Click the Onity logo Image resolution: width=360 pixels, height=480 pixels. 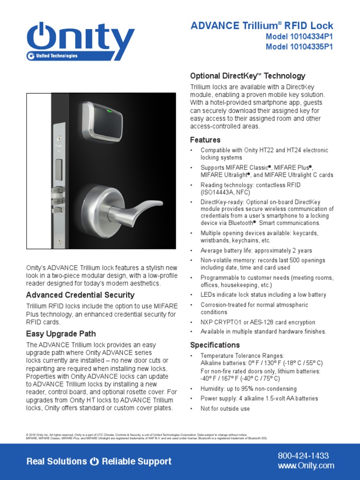(80, 39)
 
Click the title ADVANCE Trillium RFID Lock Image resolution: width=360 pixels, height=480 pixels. (262, 26)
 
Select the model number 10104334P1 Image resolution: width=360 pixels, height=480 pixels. (299, 37)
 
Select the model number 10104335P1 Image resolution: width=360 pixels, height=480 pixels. (299, 46)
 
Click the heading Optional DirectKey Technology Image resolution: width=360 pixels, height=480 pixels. (247, 76)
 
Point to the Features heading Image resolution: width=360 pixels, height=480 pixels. (205, 140)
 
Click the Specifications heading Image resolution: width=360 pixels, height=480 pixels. (215, 345)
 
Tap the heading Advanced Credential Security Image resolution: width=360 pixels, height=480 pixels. (80, 295)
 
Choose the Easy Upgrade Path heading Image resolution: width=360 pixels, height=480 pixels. (61, 334)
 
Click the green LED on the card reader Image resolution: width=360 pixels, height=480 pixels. (109, 112)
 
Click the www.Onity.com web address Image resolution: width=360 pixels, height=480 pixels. (306, 465)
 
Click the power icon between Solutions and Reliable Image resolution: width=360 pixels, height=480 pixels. (94, 462)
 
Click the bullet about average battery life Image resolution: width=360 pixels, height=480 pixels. (256, 250)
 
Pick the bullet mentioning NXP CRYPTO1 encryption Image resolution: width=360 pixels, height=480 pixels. (258, 322)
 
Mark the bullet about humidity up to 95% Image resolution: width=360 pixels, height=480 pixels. (248, 389)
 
